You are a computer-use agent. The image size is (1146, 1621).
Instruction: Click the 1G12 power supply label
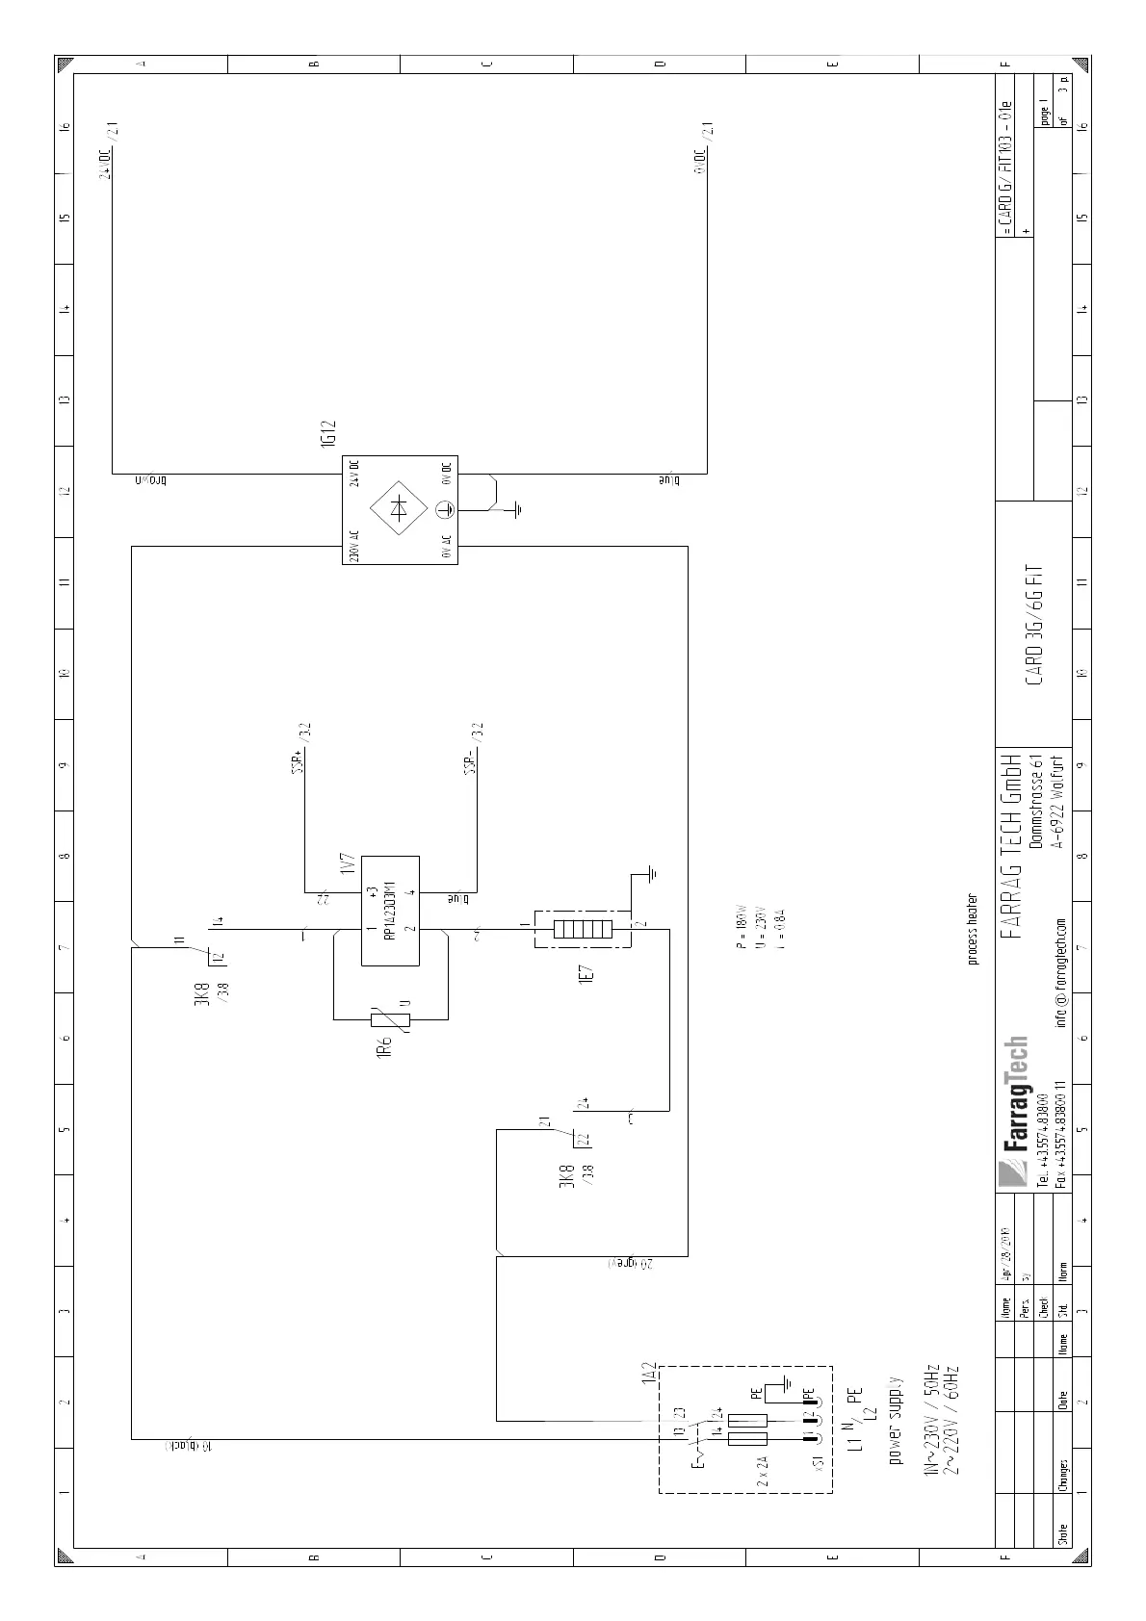328,433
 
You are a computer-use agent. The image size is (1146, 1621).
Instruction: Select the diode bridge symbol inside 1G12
399,510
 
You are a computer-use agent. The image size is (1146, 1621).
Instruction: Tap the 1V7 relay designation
348,864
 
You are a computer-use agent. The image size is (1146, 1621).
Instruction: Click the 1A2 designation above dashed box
648,1375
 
